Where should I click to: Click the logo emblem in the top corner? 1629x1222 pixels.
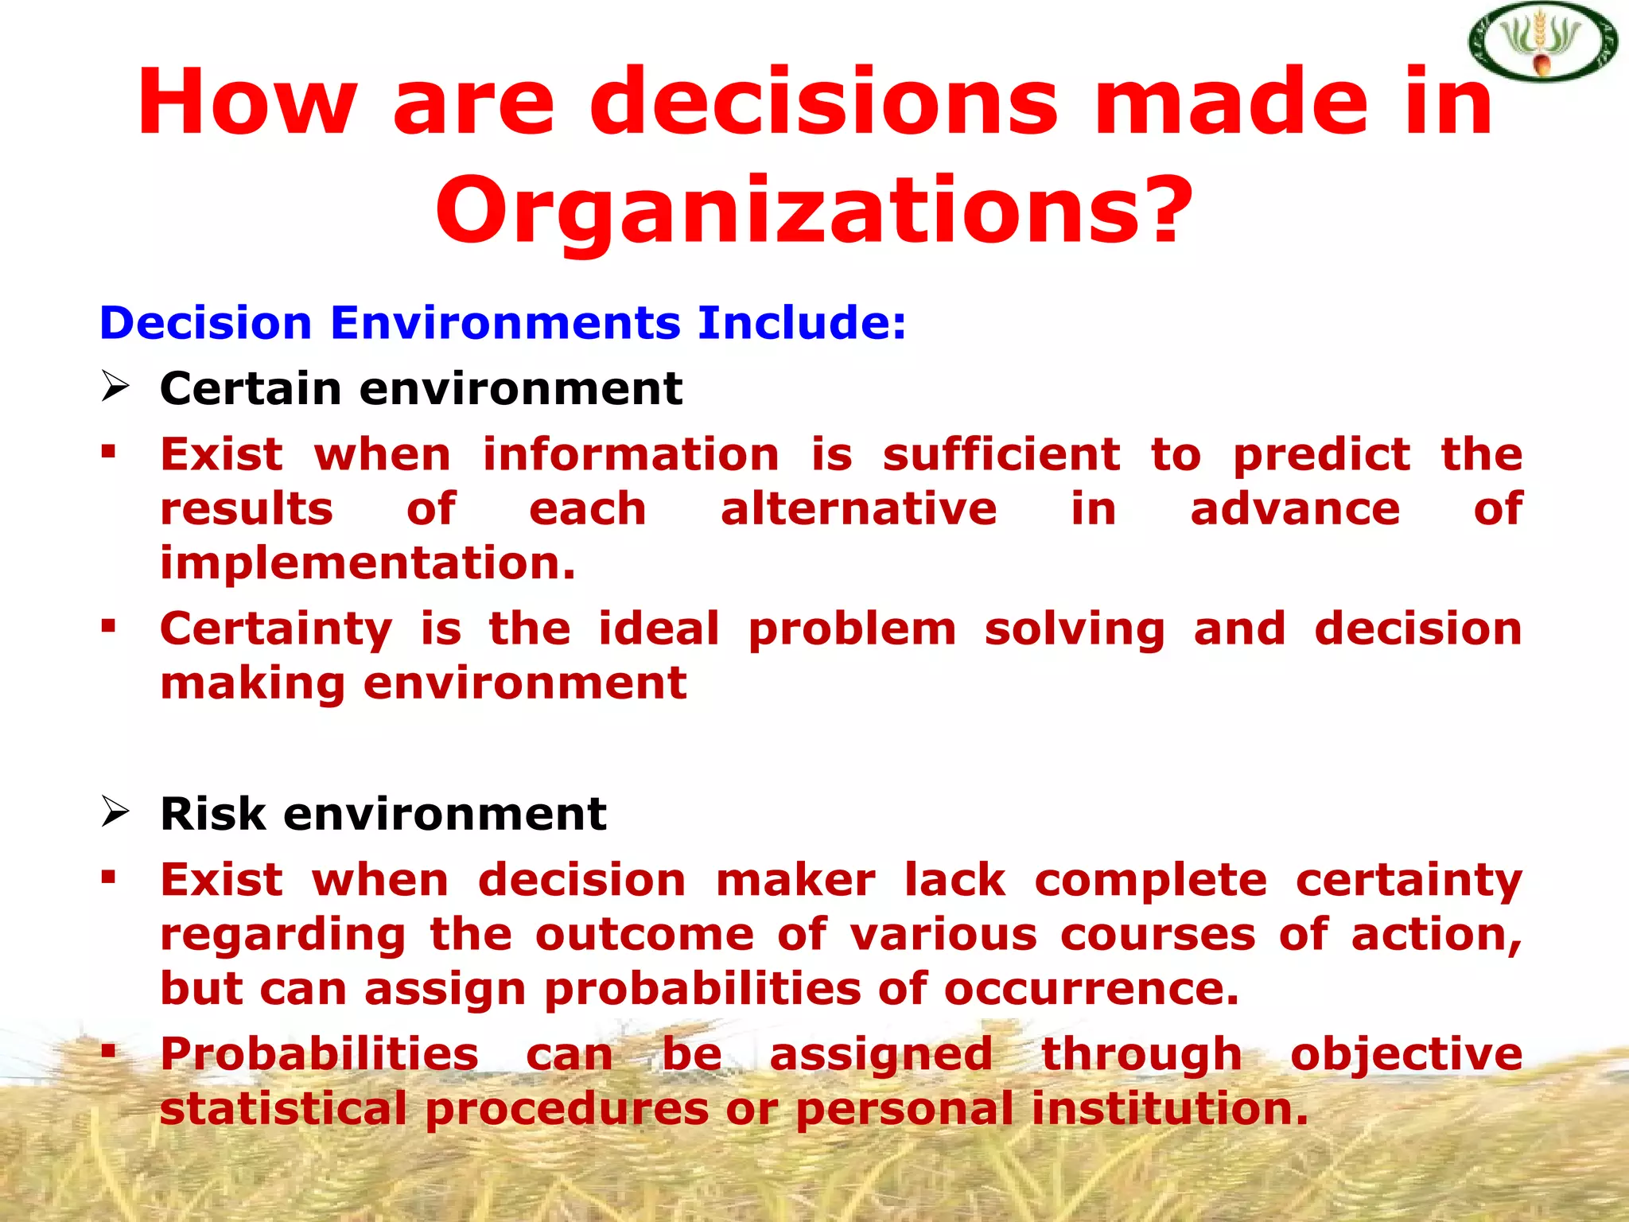(1542, 42)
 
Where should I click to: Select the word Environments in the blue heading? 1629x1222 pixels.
(505, 324)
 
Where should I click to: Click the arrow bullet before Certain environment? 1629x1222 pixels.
(115, 387)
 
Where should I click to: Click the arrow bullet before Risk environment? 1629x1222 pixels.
(115, 813)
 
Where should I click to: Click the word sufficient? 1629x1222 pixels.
(1001, 455)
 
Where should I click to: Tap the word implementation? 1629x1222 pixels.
(367, 563)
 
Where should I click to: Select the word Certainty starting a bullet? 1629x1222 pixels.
(276, 629)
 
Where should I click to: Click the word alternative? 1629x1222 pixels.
(858, 509)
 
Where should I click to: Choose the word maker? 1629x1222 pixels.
(795, 881)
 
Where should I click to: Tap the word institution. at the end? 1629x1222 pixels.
(1169, 1109)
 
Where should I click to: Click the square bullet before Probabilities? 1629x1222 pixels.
(109, 1053)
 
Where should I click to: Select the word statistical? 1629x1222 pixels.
(283, 1109)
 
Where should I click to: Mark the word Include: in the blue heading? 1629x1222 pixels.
(802, 324)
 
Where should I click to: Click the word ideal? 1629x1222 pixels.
(659, 629)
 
